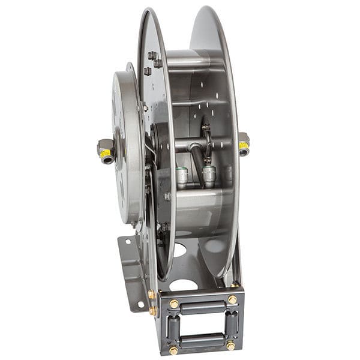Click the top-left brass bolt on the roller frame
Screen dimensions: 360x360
174,304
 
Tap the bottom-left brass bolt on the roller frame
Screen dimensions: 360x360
174,350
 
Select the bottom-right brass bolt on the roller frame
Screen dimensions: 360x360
230,345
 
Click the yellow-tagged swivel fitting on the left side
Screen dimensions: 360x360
106,151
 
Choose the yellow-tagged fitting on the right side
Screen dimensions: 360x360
244,144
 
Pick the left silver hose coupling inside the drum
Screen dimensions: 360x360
181,176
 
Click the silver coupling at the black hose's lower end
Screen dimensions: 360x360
208,175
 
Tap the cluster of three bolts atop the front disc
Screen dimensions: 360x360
151,62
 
